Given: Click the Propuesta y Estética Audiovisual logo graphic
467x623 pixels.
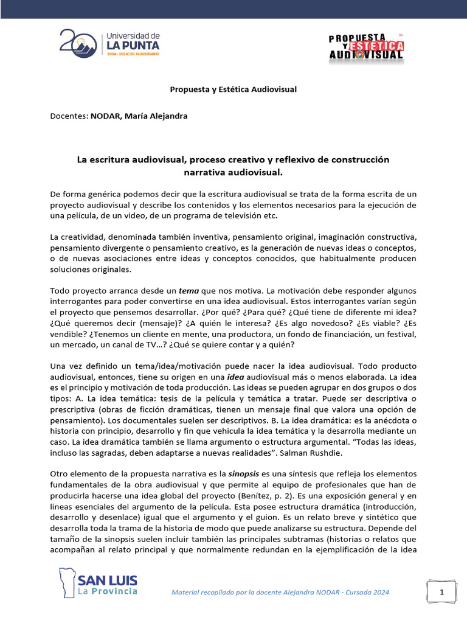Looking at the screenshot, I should (367, 46).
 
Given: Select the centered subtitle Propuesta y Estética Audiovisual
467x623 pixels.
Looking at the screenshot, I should (233, 89).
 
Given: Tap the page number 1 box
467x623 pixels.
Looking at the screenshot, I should (442, 591).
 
